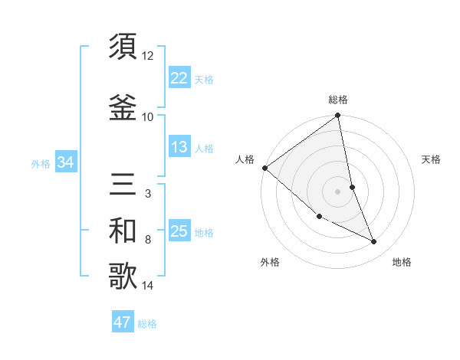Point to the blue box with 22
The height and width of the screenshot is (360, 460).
tap(179, 78)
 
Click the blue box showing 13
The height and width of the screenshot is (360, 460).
tap(179, 147)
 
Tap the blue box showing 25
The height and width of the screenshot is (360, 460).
tap(179, 231)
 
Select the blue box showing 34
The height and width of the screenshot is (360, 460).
tap(65, 162)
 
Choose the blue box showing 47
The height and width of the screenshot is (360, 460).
tap(123, 322)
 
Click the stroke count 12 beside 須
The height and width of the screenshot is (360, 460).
tap(148, 56)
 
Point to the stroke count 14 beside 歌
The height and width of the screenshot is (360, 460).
tap(148, 286)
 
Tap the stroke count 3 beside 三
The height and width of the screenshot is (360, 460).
tap(148, 194)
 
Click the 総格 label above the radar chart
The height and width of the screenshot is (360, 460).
tap(338, 100)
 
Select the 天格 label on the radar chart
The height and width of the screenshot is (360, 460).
tap(431, 159)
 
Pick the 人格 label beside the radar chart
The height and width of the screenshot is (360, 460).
tap(245, 159)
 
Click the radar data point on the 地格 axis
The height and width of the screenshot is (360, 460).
tap(374, 242)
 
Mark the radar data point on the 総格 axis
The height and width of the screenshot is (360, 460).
tap(338, 116)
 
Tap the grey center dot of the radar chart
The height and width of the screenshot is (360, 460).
tap(338, 191)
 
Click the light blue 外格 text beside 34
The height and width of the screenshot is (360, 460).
tap(41, 163)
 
